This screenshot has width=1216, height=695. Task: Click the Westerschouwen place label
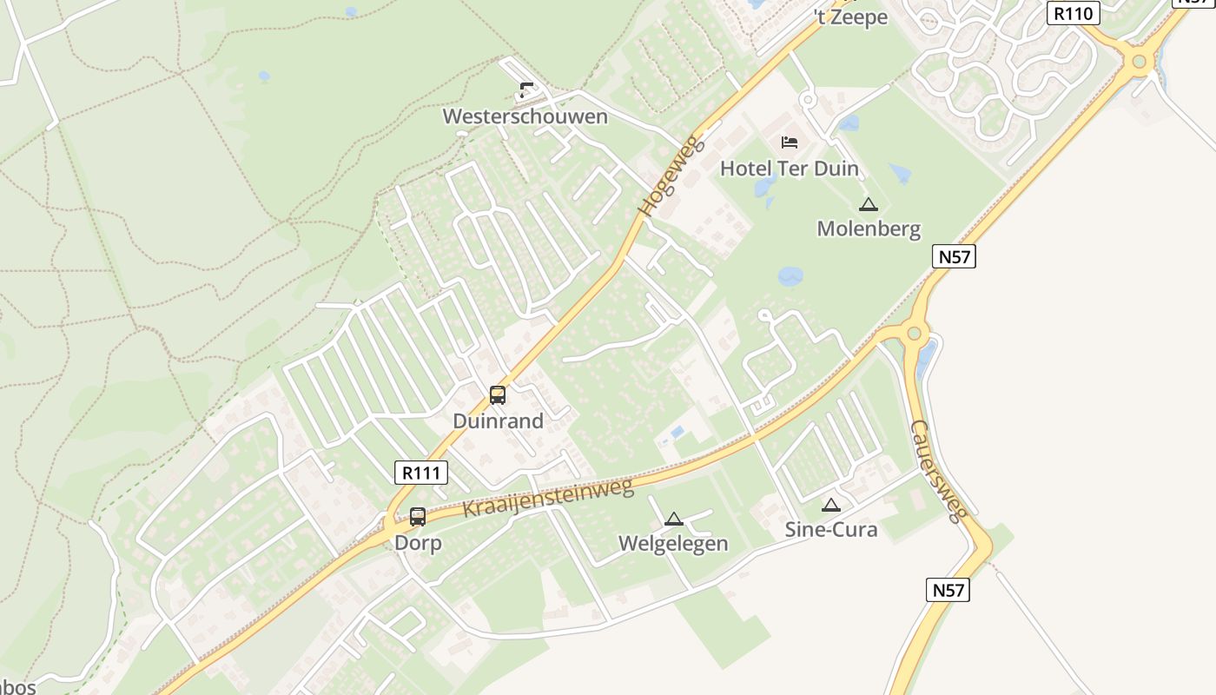[525, 116]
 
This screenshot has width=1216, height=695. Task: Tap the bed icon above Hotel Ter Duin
[790, 142]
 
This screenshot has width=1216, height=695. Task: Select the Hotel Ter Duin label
[789, 169]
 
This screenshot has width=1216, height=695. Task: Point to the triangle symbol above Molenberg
[868, 205]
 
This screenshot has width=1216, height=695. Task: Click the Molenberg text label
[869, 229]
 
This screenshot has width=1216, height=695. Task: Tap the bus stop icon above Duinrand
[498, 395]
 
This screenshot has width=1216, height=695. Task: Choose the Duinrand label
[498, 421]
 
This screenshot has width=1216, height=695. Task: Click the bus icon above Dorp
[418, 517]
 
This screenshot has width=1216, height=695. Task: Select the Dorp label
[418, 543]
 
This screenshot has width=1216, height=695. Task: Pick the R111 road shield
[421, 473]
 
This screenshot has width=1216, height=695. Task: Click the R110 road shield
[1074, 13]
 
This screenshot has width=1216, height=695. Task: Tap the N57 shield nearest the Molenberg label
[954, 256]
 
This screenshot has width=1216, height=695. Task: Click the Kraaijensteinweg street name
[548, 498]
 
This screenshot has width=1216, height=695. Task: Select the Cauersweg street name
[938, 471]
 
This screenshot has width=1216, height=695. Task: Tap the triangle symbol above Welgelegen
[673, 520]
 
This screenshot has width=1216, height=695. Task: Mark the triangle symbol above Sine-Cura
[831, 505]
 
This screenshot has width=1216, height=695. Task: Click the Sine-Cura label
[831, 529]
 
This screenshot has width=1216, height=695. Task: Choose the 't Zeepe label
[850, 17]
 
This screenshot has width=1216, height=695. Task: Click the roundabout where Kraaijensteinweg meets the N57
[913, 333]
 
